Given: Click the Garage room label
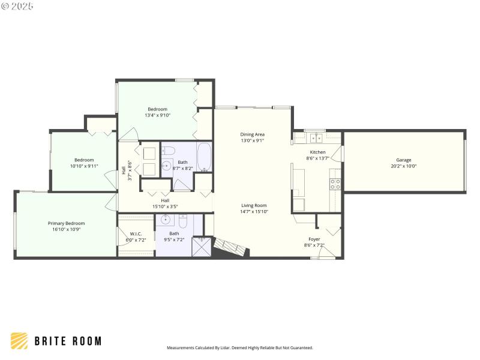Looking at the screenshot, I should click(x=403, y=160).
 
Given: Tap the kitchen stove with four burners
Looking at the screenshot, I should click(x=335, y=184).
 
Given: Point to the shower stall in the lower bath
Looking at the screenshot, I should click(x=202, y=247).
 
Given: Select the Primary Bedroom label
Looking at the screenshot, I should click(x=66, y=223).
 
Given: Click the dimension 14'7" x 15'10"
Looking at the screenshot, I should click(x=254, y=211).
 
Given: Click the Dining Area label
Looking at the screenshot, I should click(x=252, y=134).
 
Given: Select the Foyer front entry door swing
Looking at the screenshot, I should click(x=326, y=251).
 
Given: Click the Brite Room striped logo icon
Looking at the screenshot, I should click(x=19, y=341).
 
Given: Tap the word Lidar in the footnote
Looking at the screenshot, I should click(x=226, y=347).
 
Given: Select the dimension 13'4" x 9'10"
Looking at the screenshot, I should click(x=157, y=115).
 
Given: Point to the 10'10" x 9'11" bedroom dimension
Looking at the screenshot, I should click(x=84, y=166).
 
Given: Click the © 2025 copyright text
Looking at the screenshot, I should click(x=18, y=6).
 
